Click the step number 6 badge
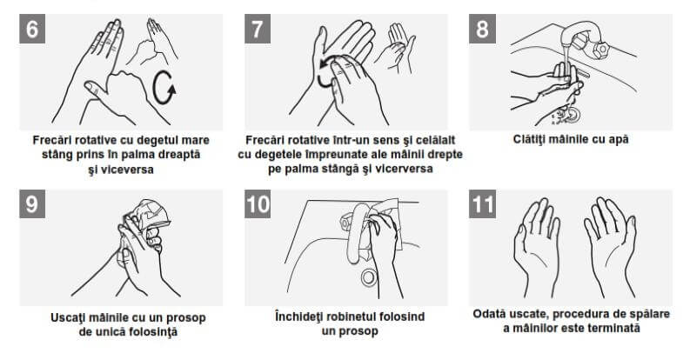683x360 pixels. coord(32,29)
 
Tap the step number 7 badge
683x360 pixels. coord(258,29)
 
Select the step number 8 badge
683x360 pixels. coord(482,29)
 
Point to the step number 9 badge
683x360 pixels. coord(32,203)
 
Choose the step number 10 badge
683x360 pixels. coord(258,203)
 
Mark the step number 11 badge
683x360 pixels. coord(482,203)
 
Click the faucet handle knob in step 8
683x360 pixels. coord(602,49)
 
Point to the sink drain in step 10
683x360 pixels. coord(369,277)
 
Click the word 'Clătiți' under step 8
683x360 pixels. coord(528,139)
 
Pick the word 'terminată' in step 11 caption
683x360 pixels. coord(615,328)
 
